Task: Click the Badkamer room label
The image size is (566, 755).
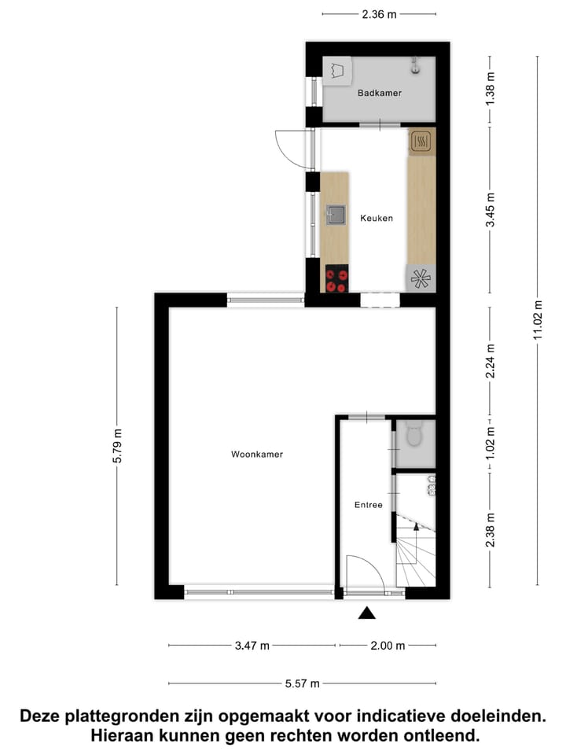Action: tap(379, 93)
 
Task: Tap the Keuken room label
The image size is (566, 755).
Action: tap(376, 218)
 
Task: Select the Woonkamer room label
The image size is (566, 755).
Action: tap(257, 454)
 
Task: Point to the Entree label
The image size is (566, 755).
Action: tap(368, 504)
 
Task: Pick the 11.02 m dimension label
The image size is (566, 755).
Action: tap(538, 320)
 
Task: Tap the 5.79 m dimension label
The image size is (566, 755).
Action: tap(118, 447)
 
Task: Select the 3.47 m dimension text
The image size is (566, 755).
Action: tap(252, 646)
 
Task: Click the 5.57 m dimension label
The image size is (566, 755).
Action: tap(302, 683)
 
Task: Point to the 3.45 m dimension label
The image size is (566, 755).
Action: tap(491, 211)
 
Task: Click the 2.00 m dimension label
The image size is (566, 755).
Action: tap(388, 646)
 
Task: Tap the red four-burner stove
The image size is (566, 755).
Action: tap(337, 280)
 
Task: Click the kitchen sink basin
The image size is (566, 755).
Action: tap(336, 214)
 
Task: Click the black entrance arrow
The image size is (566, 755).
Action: tap(367, 613)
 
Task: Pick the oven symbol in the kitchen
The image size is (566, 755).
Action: tap(421, 142)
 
